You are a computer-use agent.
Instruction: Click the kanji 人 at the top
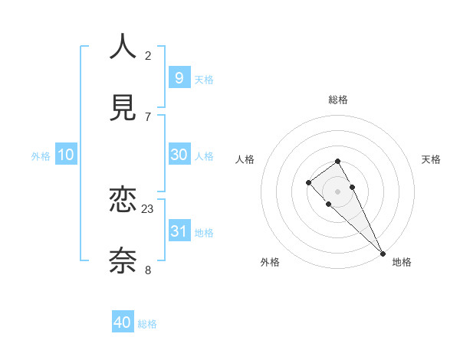[123, 47]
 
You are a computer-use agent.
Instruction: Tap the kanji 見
[123, 108]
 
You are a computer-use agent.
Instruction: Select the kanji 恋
[123, 201]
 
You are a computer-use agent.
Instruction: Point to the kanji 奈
[123, 261]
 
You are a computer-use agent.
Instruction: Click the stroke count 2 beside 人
[148, 55]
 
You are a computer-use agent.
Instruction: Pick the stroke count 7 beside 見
[148, 116]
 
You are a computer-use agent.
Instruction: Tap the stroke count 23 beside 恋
[148, 208]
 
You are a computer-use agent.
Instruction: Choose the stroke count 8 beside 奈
[148, 270]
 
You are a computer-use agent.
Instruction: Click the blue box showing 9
[179, 77]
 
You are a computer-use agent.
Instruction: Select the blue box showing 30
[179, 154]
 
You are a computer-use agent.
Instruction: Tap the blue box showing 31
[179, 231]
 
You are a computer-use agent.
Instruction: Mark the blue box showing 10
[66, 155]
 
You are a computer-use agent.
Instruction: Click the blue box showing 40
[123, 322]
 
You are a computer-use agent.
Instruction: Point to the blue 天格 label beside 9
[204, 80]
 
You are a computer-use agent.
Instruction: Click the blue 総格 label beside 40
[147, 324]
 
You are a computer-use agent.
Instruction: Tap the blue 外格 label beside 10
[41, 156]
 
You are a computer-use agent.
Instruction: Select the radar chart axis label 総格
[338, 100]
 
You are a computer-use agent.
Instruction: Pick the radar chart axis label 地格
[402, 262]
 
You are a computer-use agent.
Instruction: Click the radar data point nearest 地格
[383, 253]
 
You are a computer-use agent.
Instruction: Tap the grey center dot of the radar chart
[337, 191]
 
